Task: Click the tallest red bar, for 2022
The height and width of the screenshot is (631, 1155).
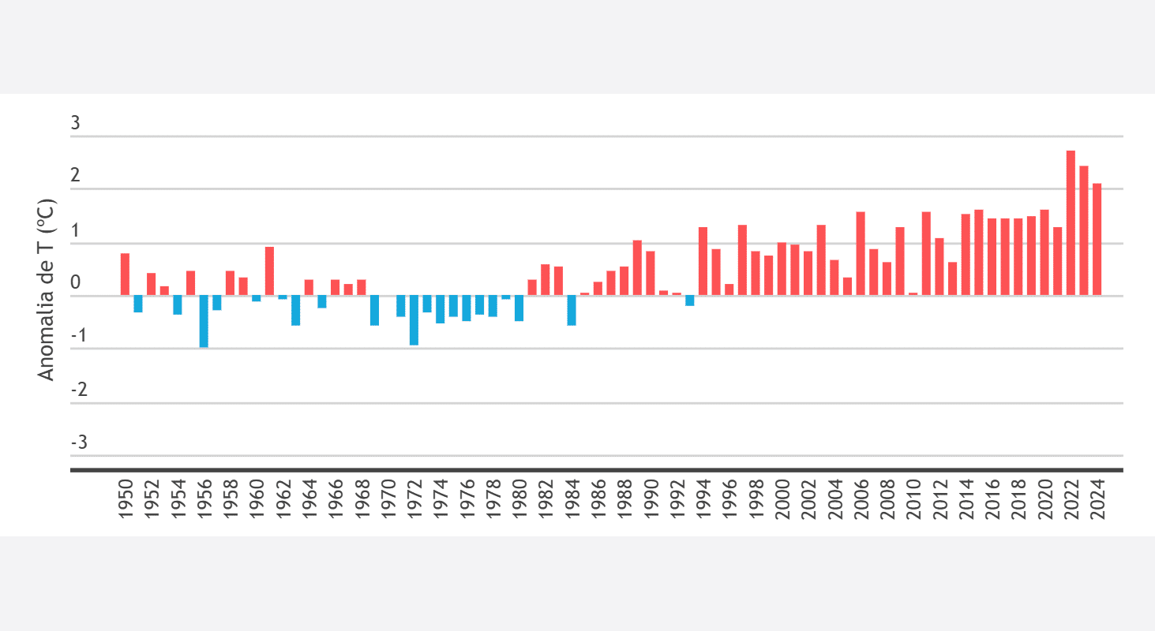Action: coord(1071,223)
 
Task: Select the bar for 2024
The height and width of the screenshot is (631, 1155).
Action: coord(1097,240)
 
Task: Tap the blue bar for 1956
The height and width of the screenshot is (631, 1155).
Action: coord(204,321)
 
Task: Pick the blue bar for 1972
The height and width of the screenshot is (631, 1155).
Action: coord(414,320)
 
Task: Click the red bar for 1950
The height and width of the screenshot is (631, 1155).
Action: coord(125,274)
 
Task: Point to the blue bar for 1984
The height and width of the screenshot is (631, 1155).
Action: coord(572,310)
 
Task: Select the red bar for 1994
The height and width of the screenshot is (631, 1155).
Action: coord(703,261)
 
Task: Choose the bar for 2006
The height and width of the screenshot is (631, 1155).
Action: coord(861,254)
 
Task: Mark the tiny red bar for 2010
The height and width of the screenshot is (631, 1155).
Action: coord(913,294)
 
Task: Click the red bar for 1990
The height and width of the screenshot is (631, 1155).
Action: coord(651,274)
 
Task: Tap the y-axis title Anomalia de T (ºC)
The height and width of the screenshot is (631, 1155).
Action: coord(47,290)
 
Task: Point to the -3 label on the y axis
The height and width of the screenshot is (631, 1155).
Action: coord(78,442)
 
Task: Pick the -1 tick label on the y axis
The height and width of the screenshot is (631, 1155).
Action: coord(78,334)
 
